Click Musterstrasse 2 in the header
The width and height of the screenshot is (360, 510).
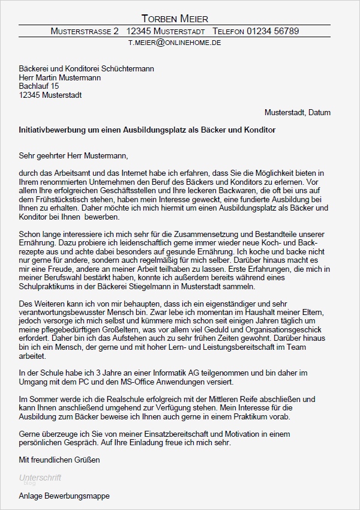pyautogui.click(x=85, y=31)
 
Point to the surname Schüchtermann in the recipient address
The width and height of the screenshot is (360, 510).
pyautogui.click(x=125, y=69)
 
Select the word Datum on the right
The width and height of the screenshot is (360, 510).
pyautogui.click(x=318, y=112)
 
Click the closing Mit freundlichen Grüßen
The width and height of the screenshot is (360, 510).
pyautogui.click(x=59, y=460)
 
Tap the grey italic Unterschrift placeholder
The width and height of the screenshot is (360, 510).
pyautogui.click(x=40, y=478)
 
